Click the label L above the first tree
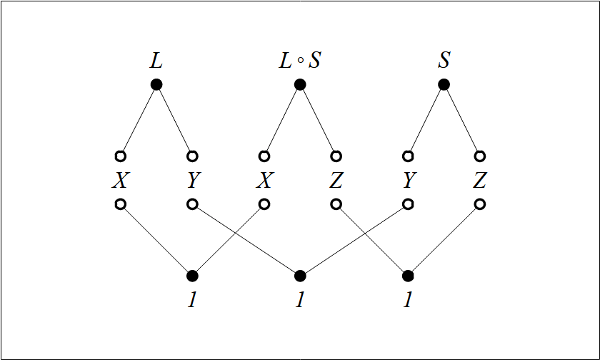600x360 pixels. point(156,61)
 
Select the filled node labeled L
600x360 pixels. point(156,84)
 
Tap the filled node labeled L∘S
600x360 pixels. point(300,84)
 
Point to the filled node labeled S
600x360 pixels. point(444,84)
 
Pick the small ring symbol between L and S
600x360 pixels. point(301,62)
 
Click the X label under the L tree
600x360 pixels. point(120,181)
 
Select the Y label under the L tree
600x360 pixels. point(192,181)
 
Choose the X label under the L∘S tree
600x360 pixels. point(264,181)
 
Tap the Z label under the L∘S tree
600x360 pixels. point(336,181)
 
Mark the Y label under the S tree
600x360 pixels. point(408,181)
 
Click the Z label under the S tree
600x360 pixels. point(479,181)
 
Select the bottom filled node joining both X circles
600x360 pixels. point(192,276)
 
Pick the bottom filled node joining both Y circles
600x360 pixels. point(300,276)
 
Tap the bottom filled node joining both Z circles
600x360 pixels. point(408,276)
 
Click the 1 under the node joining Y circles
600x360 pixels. point(300,300)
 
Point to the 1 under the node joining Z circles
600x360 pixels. point(408,300)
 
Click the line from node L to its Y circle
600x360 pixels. point(174,120)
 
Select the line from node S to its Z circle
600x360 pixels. point(461,120)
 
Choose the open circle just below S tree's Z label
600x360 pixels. point(479,204)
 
